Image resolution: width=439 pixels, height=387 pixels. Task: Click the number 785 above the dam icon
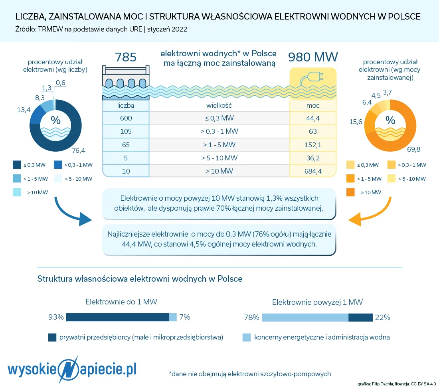(126, 57)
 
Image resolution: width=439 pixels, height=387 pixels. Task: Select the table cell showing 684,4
(313, 172)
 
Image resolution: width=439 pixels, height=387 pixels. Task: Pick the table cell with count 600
(126, 118)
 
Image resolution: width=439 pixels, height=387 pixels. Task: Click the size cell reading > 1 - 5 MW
(219, 145)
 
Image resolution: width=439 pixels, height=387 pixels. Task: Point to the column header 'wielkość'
(219, 105)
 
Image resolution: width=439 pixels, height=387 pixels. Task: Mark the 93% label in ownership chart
(56, 317)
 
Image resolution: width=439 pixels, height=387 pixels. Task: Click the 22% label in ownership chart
(382, 318)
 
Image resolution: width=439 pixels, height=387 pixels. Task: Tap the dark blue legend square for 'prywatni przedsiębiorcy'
(52, 338)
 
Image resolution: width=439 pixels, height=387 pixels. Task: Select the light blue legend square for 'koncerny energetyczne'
(247, 338)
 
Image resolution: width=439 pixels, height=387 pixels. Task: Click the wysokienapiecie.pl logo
(73, 367)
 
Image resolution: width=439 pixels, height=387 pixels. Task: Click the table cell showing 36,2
(313, 158)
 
